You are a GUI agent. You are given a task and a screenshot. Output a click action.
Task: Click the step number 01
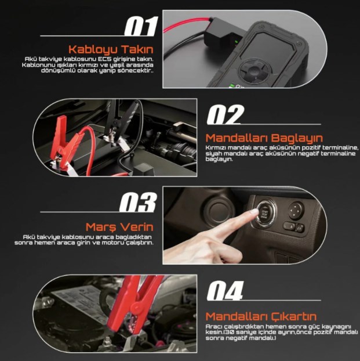(141, 26)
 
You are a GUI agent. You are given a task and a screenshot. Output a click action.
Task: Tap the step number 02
(224, 114)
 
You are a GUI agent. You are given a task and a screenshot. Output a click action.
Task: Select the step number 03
(137, 202)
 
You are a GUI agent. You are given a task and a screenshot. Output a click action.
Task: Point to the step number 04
(224, 291)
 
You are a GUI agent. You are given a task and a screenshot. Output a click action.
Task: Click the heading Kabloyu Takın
(111, 49)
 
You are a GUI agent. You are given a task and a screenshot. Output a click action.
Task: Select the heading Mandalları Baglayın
(264, 138)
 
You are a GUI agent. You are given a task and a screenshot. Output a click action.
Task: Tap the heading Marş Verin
(119, 227)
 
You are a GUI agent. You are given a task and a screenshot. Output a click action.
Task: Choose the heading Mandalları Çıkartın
(261, 316)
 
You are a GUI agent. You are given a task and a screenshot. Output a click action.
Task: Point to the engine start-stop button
(264, 214)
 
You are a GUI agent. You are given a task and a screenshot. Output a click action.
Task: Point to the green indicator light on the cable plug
(236, 42)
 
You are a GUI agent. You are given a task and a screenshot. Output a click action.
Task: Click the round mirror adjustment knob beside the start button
(296, 210)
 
